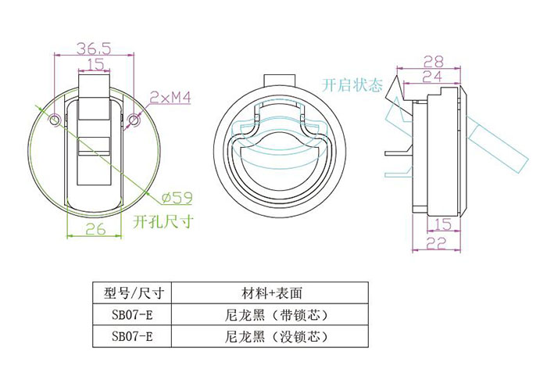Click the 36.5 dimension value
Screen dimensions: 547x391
[94, 48]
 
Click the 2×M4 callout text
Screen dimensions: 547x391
[170, 98]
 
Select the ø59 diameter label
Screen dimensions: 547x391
[177, 198]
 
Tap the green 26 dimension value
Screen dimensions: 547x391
[95, 229]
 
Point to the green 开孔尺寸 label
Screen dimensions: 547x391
[163, 221]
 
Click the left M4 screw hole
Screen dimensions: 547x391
[55, 120]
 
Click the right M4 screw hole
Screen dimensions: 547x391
[134, 120]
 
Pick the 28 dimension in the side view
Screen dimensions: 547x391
[433, 62]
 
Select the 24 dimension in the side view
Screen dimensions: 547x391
[432, 77]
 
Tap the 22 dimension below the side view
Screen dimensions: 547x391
[436, 243]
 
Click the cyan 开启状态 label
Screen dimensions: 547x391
[352, 85]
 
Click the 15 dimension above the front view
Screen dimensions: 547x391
[95, 64]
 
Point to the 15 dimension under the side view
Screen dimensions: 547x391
[443, 224]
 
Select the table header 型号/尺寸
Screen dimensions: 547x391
[133, 293]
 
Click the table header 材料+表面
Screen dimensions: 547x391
[271, 293]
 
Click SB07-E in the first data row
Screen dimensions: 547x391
[132, 315]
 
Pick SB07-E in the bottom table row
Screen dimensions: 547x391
[132, 337]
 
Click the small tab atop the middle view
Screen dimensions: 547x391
[280, 80]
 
